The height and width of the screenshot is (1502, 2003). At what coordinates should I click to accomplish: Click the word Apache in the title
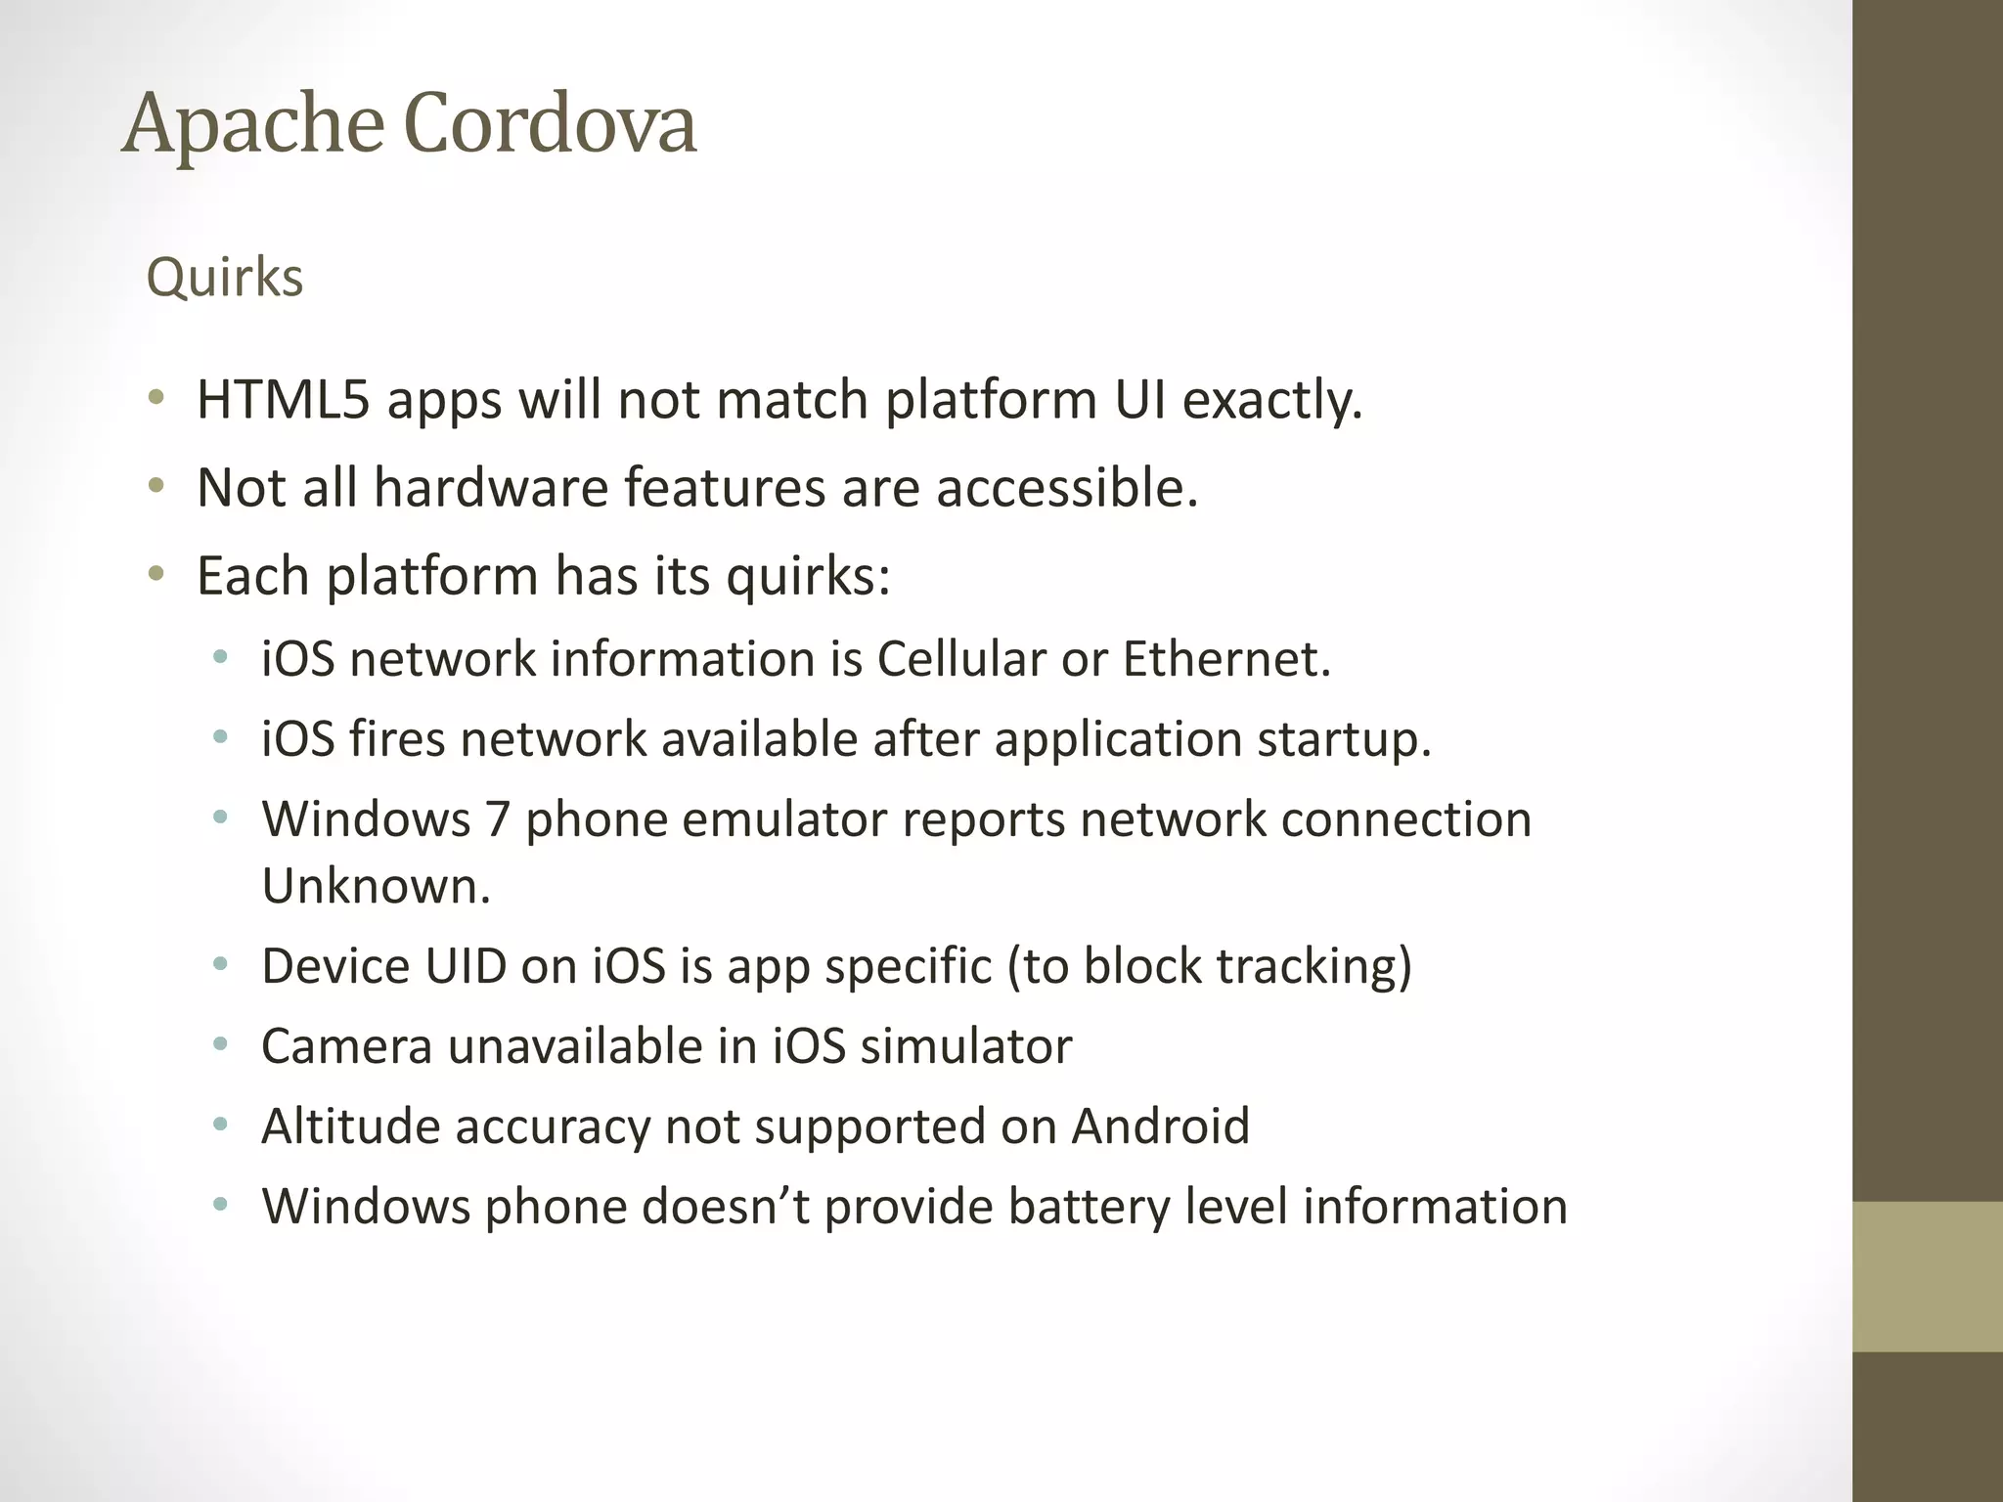[253, 125]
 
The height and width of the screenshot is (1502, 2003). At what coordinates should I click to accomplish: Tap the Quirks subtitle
[224, 278]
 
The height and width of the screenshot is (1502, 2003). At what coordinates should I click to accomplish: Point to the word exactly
[1271, 401]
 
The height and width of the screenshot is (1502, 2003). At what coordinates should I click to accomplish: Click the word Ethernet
[1226, 659]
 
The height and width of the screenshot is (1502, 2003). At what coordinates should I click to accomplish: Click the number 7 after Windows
[498, 819]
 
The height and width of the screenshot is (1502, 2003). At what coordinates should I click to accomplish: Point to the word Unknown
[376, 886]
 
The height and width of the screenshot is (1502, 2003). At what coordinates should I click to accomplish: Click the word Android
[1161, 1126]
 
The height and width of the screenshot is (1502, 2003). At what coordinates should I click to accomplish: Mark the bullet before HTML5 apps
[156, 400]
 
